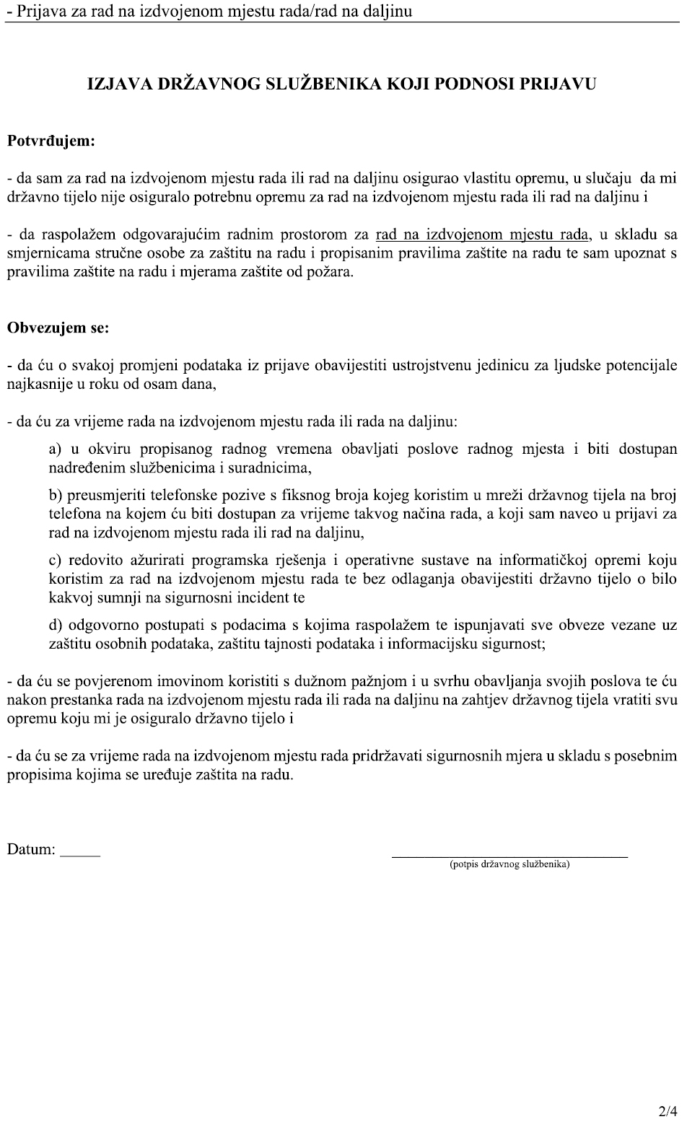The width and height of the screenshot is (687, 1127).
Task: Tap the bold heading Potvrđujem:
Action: (x=51, y=141)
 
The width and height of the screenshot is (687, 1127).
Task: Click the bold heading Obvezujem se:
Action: (x=58, y=328)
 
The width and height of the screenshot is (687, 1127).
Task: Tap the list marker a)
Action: (x=56, y=450)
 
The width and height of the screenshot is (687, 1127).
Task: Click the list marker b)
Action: (x=56, y=495)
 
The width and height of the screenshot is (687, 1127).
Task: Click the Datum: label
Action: (x=31, y=850)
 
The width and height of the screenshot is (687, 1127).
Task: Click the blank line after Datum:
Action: (x=80, y=855)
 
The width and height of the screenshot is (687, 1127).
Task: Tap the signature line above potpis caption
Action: (x=509, y=856)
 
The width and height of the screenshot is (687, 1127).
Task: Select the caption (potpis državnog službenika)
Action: (x=509, y=864)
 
